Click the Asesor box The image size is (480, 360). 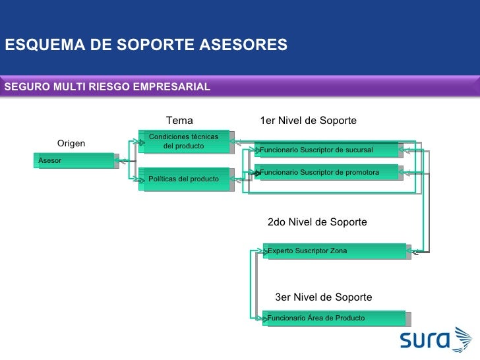[x=76, y=161]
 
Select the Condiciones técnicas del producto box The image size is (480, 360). [x=184, y=141]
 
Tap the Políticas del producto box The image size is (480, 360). [x=185, y=179]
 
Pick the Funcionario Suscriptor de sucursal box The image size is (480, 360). [x=328, y=150]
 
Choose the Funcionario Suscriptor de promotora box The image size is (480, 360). [x=328, y=173]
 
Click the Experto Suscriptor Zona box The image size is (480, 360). [x=335, y=251]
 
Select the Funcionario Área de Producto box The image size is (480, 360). [x=335, y=318]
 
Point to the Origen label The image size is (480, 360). [x=71, y=144]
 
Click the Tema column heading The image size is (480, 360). [x=179, y=121]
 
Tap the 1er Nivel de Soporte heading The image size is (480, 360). [x=309, y=121]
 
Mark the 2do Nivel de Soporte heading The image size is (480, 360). [x=317, y=222]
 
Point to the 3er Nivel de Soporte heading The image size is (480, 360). [x=324, y=297]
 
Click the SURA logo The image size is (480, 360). [x=436, y=340]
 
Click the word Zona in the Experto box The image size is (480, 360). [x=338, y=251]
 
